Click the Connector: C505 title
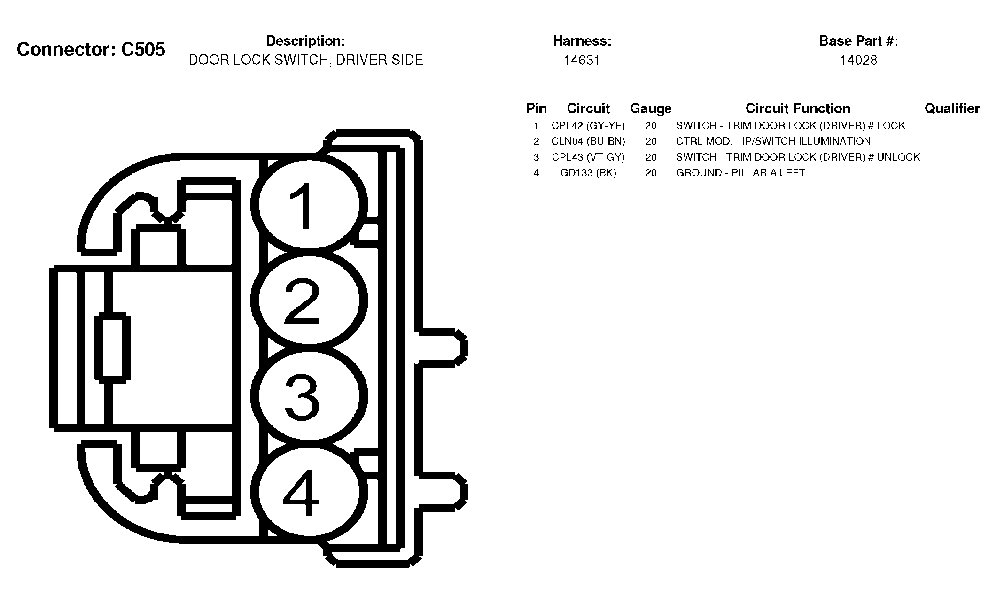91,49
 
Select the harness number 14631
582,60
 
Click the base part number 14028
858,60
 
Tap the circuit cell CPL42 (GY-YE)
588,126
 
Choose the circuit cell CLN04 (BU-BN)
588,141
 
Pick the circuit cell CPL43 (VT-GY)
588,157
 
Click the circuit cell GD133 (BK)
588,173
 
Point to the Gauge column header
651,109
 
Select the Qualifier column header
952,109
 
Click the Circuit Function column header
798,109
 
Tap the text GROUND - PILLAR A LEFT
740,173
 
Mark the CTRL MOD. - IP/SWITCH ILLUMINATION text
773,141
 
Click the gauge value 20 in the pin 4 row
651,173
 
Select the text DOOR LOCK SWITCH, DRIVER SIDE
306,60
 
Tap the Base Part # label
858,41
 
